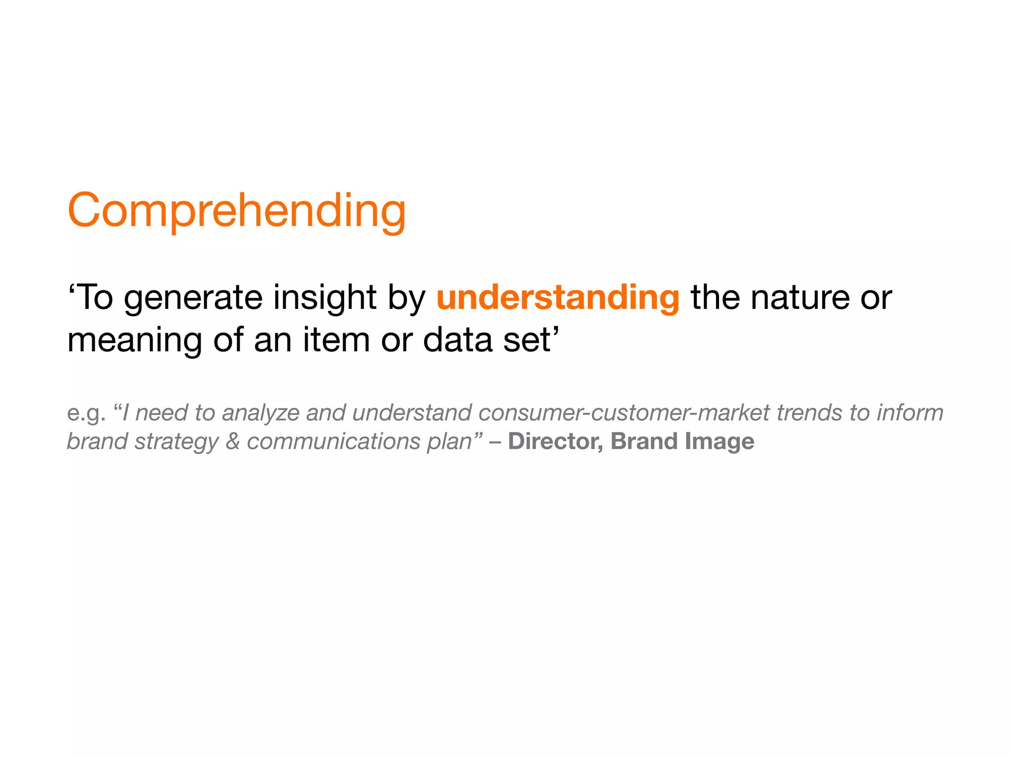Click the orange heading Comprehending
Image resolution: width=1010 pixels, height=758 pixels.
coord(237,211)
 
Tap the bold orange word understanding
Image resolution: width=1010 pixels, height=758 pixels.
coord(558,298)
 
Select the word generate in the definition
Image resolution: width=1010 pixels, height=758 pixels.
coord(193,299)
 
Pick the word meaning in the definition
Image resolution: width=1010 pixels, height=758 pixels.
coord(135,341)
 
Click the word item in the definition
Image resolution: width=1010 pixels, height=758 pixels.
coord(336,340)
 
